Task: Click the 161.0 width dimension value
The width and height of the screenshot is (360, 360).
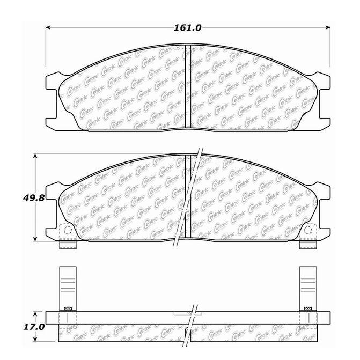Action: tap(188, 28)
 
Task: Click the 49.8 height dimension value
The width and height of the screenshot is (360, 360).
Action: tap(33, 197)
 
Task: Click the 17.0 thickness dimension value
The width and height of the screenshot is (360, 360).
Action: tap(34, 327)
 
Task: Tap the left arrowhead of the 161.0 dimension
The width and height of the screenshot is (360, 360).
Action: tap(48, 27)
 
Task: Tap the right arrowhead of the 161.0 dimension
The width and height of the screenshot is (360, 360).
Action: tap(328, 27)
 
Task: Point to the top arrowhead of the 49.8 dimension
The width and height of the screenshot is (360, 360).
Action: tap(35, 156)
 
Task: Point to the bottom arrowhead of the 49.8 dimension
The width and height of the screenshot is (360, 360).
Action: tap(35, 239)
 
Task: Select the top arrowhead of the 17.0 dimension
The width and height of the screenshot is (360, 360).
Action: tap(35, 314)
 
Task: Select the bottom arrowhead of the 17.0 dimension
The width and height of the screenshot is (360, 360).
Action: tap(35, 339)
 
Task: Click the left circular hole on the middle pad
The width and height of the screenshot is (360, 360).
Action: tap(68, 230)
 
